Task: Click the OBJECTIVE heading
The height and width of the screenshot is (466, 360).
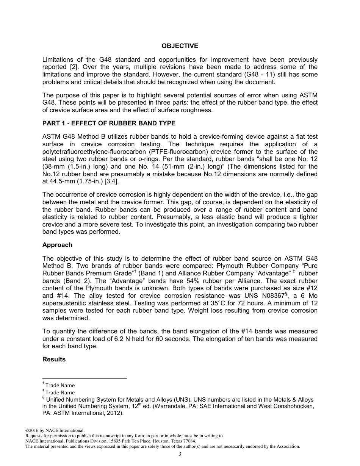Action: [x=180, y=46]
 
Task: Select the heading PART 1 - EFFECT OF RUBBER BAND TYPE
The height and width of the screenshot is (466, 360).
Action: [x=109, y=123]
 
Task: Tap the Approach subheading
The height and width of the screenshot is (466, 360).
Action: [x=57, y=245]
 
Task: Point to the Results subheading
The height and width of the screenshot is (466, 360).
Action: [x=54, y=359]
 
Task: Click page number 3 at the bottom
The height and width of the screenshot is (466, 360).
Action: [x=180, y=454]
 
